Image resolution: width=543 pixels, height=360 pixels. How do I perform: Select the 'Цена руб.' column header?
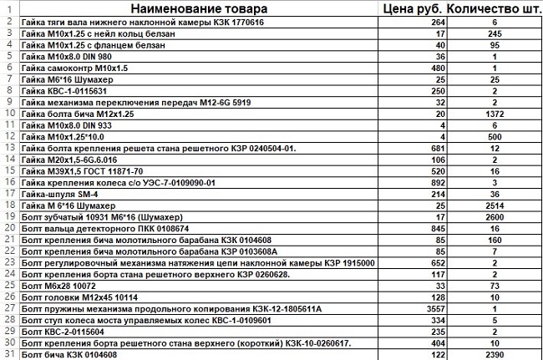click(409, 9)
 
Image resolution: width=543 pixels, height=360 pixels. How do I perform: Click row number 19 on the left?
click(8, 215)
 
